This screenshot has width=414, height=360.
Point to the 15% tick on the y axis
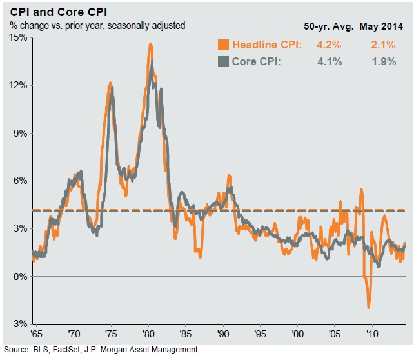17,37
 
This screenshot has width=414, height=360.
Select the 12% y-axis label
17,85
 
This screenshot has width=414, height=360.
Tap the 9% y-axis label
19,133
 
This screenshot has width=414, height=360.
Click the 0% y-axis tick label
19,276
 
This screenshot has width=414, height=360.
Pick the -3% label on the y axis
18,324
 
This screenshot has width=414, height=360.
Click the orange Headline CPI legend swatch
223,45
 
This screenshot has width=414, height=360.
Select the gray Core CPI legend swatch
223,62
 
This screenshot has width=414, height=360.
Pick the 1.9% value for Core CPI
383,62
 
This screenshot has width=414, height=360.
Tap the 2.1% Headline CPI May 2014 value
383,45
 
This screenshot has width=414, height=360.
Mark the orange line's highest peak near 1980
150,45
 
